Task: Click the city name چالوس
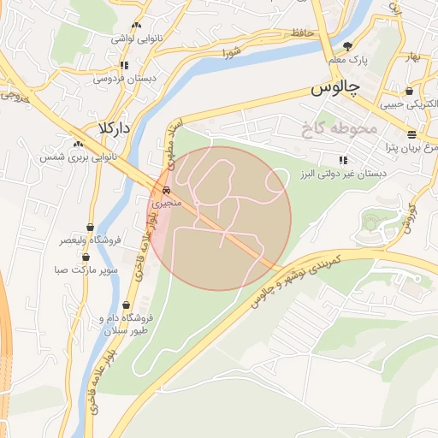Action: point(334,88)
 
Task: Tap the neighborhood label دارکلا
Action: point(113,127)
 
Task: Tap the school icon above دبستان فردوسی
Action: point(125,64)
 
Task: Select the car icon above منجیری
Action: point(166,191)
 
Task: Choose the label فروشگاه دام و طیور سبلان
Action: point(127,320)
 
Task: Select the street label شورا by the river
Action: point(232,53)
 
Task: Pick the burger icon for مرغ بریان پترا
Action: point(412,134)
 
